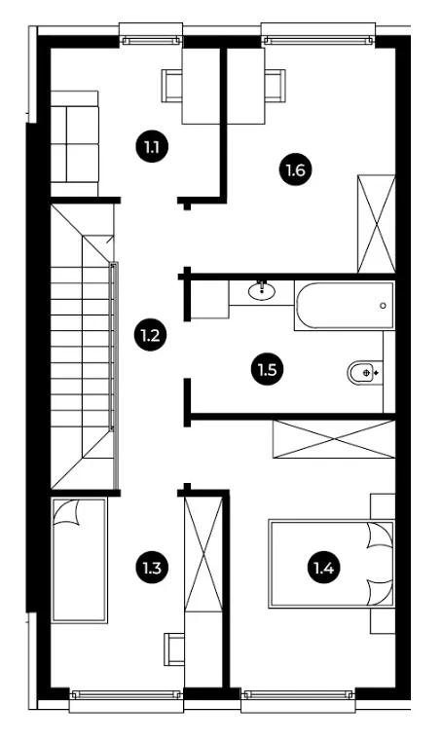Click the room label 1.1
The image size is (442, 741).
[x=151, y=147]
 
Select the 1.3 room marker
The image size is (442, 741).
[x=151, y=567]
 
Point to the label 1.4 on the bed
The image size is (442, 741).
[x=324, y=567]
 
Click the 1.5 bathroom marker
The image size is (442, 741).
[x=267, y=370]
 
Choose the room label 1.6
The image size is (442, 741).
[x=295, y=169]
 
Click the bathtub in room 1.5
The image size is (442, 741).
[x=345, y=306]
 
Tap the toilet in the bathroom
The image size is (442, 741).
[x=364, y=372]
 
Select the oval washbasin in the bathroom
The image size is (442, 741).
[x=262, y=290]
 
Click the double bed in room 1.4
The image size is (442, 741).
[x=331, y=564]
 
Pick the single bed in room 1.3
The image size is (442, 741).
[x=79, y=560]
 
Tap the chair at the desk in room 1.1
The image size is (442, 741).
[x=172, y=86]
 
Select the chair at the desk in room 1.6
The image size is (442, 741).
[x=275, y=86]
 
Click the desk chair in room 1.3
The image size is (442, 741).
[x=174, y=648]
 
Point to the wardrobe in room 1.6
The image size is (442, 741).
[x=377, y=224]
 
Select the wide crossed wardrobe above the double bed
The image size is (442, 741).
[x=334, y=439]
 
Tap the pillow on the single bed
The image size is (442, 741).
[x=65, y=514]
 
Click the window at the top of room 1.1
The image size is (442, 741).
[x=151, y=41]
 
